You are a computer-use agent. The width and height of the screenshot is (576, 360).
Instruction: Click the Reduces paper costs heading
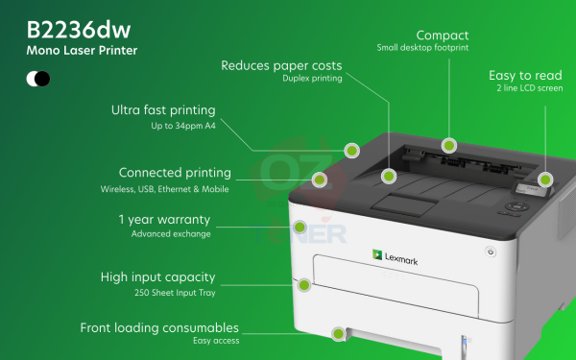[281, 65]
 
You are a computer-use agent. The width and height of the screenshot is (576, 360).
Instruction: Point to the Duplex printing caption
[312, 79]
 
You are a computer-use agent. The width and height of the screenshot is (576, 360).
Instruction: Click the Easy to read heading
[525, 74]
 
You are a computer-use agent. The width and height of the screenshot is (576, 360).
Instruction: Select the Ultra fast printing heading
[164, 109]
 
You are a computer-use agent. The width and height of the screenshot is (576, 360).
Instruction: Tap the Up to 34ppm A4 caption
[184, 125]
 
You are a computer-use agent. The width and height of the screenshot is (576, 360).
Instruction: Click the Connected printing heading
[175, 173]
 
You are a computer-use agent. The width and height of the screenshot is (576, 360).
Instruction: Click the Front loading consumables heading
[159, 327]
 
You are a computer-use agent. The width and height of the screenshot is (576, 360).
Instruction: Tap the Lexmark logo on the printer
[395, 257]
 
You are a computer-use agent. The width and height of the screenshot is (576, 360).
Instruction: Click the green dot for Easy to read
[545, 179]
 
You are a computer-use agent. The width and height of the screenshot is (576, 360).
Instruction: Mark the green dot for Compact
[448, 146]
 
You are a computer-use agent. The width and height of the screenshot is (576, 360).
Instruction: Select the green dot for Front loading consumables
[338, 334]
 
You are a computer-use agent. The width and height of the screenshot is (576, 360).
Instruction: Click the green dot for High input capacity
[304, 284]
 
